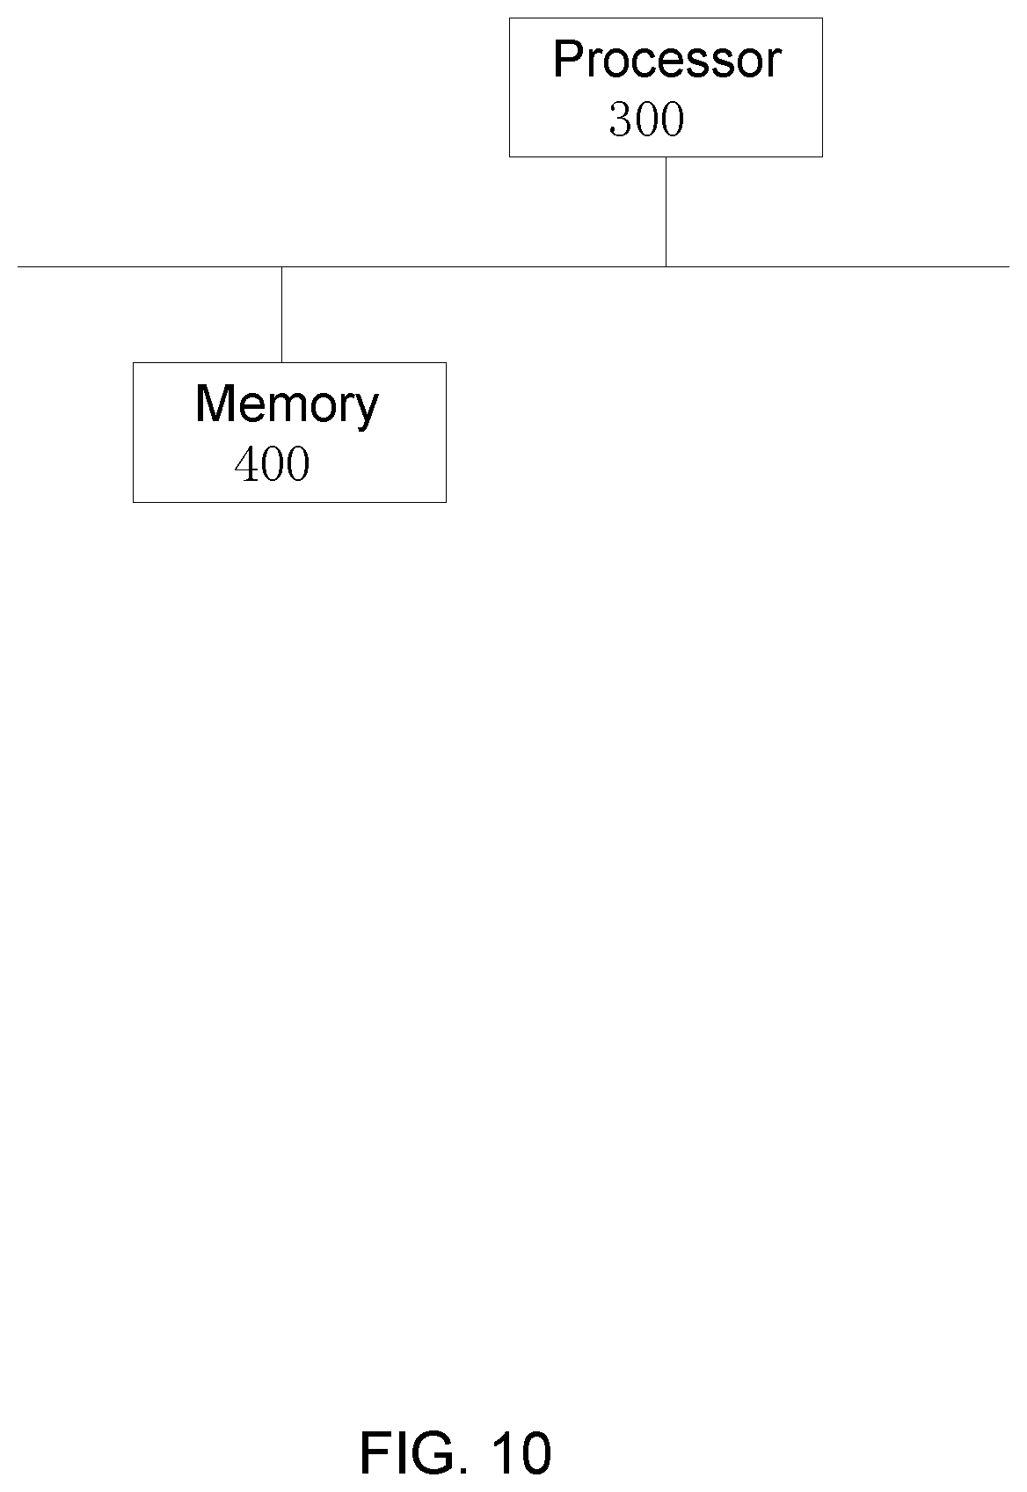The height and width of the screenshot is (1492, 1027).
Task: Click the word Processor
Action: point(666,60)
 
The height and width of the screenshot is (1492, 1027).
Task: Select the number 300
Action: point(646,120)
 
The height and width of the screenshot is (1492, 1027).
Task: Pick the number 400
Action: point(272,464)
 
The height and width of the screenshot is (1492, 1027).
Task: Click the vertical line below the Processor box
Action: point(666,212)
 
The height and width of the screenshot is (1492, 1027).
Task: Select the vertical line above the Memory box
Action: point(281,315)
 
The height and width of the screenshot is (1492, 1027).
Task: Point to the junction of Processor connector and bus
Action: point(666,266)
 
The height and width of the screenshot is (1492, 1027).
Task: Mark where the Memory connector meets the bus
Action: point(281,266)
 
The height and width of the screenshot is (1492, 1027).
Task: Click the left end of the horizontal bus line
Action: point(18,266)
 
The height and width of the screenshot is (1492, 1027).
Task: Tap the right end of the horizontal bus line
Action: point(1009,266)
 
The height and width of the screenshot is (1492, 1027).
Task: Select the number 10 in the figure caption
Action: point(522,1452)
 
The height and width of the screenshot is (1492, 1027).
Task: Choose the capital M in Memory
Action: point(215,404)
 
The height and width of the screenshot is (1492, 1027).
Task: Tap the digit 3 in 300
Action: point(621,120)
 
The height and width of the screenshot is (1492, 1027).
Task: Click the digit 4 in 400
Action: point(246,464)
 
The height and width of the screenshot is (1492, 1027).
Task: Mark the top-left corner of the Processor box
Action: point(509,18)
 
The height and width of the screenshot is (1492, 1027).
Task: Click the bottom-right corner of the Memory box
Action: point(446,502)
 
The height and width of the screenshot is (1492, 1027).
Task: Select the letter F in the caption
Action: point(374,1452)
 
